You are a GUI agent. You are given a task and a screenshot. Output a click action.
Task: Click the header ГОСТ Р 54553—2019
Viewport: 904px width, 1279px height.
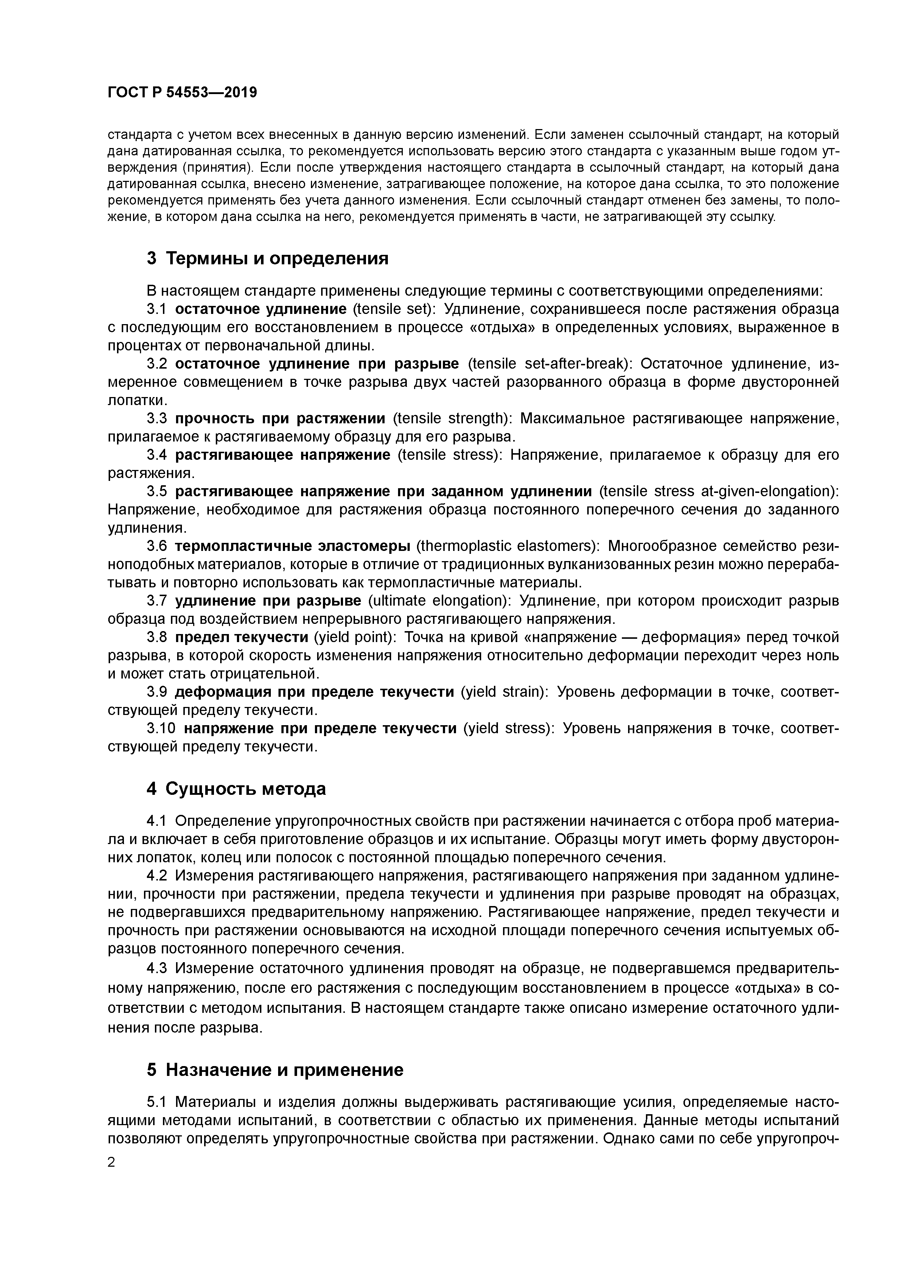click(x=182, y=93)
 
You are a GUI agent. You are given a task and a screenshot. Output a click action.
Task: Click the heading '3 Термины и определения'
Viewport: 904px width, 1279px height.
click(x=267, y=258)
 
